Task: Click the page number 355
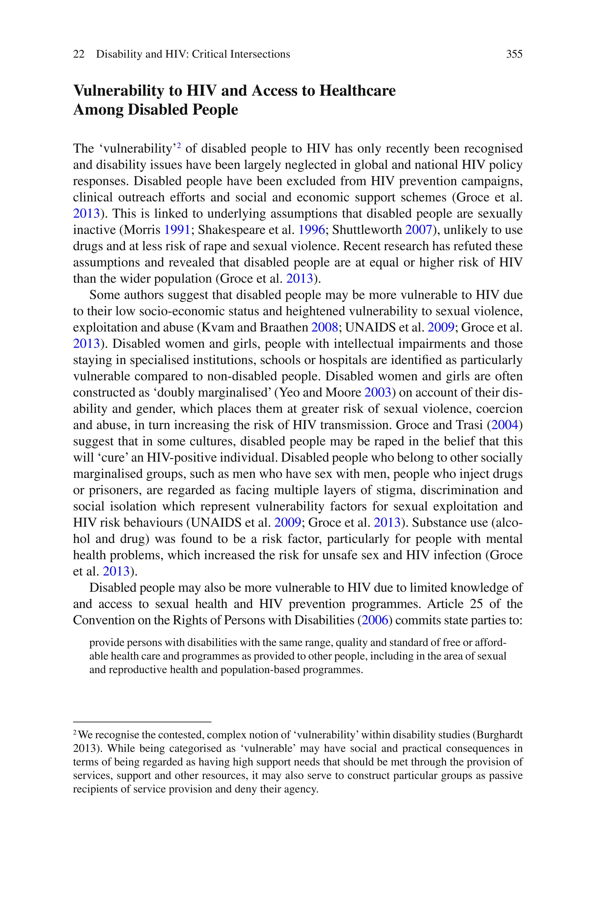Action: (514, 54)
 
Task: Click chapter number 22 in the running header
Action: (79, 54)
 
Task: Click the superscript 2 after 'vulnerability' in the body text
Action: (179, 145)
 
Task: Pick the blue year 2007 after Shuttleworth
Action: (418, 230)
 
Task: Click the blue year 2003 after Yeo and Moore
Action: (377, 392)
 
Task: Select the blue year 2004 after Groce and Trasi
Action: (505, 425)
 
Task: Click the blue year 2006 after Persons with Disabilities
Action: (375, 620)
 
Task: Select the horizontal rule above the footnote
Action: (142, 722)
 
